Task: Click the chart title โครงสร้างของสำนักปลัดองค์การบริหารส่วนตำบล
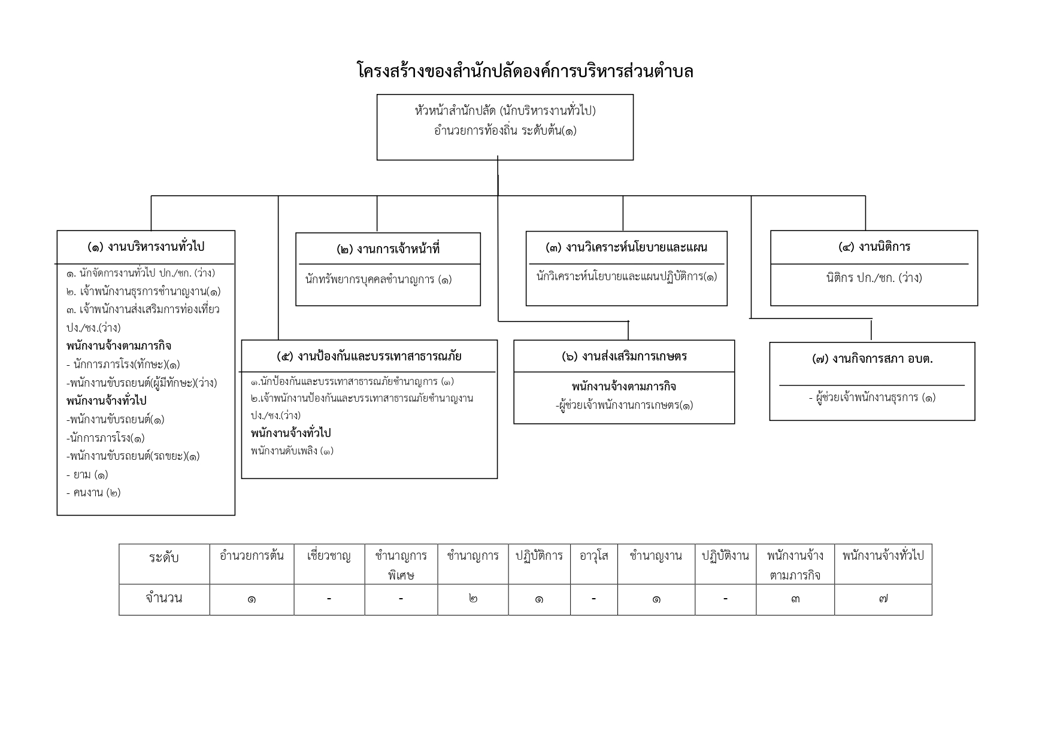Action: click(x=525, y=71)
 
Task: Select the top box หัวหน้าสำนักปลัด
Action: click(x=505, y=127)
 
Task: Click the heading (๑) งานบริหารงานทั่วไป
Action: click(x=146, y=247)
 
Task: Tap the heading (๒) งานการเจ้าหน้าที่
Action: click(x=388, y=249)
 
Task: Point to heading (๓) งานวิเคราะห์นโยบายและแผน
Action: click(x=626, y=247)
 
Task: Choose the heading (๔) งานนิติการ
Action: click(x=874, y=247)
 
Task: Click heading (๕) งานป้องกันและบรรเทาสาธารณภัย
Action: click(x=369, y=356)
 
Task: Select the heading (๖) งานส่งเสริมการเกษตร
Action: click(x=624, y=356)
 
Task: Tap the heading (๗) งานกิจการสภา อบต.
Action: click(x=873, y=359)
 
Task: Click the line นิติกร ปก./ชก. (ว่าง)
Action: click(x=874, y=278)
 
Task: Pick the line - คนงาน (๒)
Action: click(x=93, y=493)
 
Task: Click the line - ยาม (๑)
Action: click(x=87, y=475)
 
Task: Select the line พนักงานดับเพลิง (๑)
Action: click(x=292, y=451)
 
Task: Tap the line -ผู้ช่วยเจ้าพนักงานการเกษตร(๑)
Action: click(x=624, y=405)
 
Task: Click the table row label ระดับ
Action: click(x=164, y=557)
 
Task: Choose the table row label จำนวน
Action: click(x=164, y=598)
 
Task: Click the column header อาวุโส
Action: click(x=594, y=556)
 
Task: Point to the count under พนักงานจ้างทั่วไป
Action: click(x=883, y=599)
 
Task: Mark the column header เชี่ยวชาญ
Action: click(x=329, y=556)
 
